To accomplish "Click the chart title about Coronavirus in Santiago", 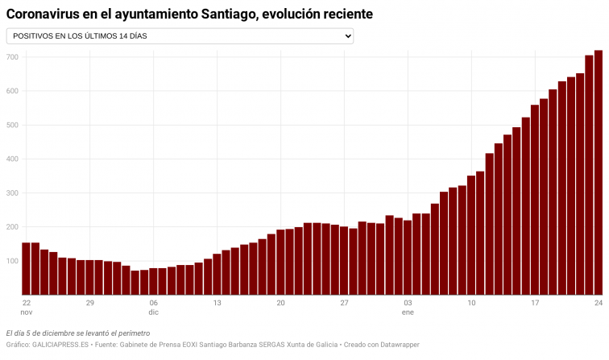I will (x=189, y=14).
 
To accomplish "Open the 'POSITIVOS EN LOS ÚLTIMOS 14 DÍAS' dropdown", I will (x=179, y=36).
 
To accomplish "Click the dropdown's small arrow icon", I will (x=348, y=36).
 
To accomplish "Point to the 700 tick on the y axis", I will (x=11, y=57).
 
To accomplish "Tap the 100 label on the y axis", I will (x=11, y=262).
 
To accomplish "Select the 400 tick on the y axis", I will (x=11, y=159).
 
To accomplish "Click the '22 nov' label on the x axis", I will (x=26, y=307).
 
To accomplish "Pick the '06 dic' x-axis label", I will (x=153, y=307).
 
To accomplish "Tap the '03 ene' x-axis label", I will (x=408, y=307).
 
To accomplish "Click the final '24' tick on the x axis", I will (x=599, y=303).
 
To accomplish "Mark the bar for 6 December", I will (x=153, y=282).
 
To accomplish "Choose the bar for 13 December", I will (x=217, y=275).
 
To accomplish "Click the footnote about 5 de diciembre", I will (x=77, y=333).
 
